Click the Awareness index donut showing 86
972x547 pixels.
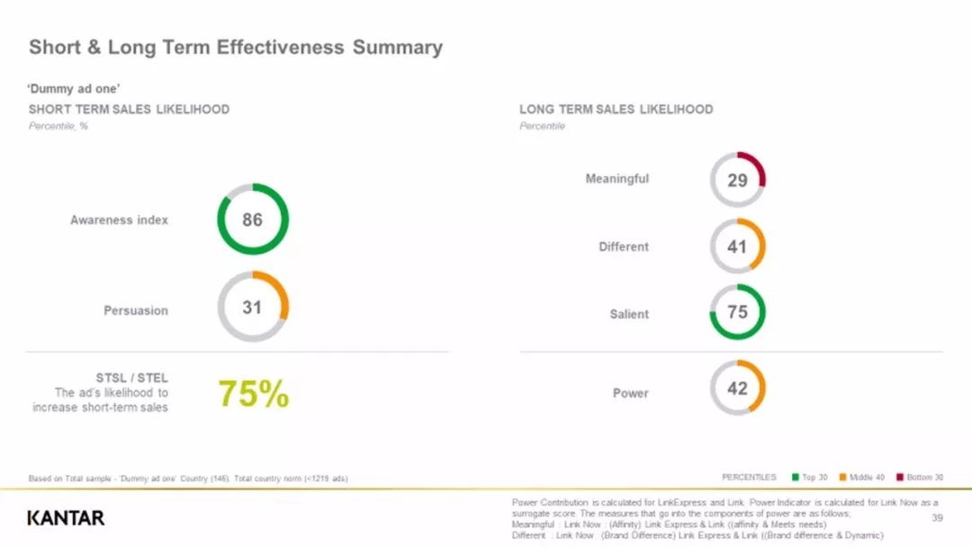[x=253, y=220]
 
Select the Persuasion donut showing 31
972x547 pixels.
[x=253, y=308]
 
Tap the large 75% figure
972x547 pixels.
[x=254, y=394]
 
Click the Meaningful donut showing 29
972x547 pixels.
[x=737, y=180]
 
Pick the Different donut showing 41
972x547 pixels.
[x=737, y=246]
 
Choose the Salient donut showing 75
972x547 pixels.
[x=737, y=313]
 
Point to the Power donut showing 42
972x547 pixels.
[x=737, y=388]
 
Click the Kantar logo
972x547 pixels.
[x=66, y=517]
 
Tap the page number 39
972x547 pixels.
[x=937, y=518]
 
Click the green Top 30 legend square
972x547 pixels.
[x=796, y=478]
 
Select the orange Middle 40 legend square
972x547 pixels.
[x=843, y=478]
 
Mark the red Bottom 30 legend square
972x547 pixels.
[x=899, y=478]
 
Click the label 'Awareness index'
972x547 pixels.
[x=119, y=220]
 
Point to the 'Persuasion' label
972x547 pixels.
[x=136, y=310]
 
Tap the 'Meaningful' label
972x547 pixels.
[x=616, y=179]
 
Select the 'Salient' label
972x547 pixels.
[x=629, y=314]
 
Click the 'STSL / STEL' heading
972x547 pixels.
[x=131, y=378]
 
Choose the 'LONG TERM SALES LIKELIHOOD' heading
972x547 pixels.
[x=616, y=110]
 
